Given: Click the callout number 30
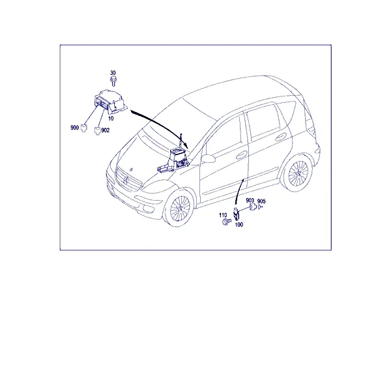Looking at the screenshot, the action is point(113,73).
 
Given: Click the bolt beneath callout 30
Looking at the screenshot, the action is point(113,81).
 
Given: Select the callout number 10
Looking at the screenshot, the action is point(111,118).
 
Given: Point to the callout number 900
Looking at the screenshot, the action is point(74,128).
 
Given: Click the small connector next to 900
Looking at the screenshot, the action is point(84,128).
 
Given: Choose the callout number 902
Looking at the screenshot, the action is point(105,130).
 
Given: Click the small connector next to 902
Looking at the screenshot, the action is point(97,131).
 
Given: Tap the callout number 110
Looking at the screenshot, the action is point(223,215).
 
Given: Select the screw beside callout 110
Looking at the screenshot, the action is point(226,222).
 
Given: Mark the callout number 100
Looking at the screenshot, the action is point(239,225).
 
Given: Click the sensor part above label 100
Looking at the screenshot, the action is point(237,214).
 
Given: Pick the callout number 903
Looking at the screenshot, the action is point(250,201).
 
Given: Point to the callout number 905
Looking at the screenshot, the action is point(261,201).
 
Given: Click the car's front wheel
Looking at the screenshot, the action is point(179,208).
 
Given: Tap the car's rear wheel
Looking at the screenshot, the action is point(298,173).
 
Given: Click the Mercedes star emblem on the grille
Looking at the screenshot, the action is point(126,181).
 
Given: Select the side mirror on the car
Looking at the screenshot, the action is point(208,158).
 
